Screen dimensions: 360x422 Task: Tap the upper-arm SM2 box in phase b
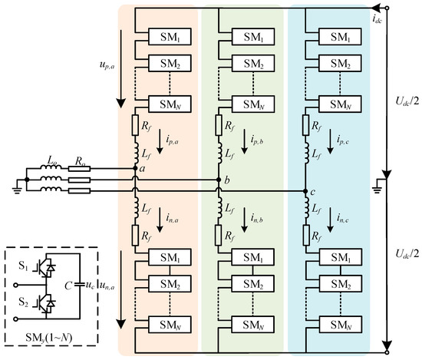click(252, 65)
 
